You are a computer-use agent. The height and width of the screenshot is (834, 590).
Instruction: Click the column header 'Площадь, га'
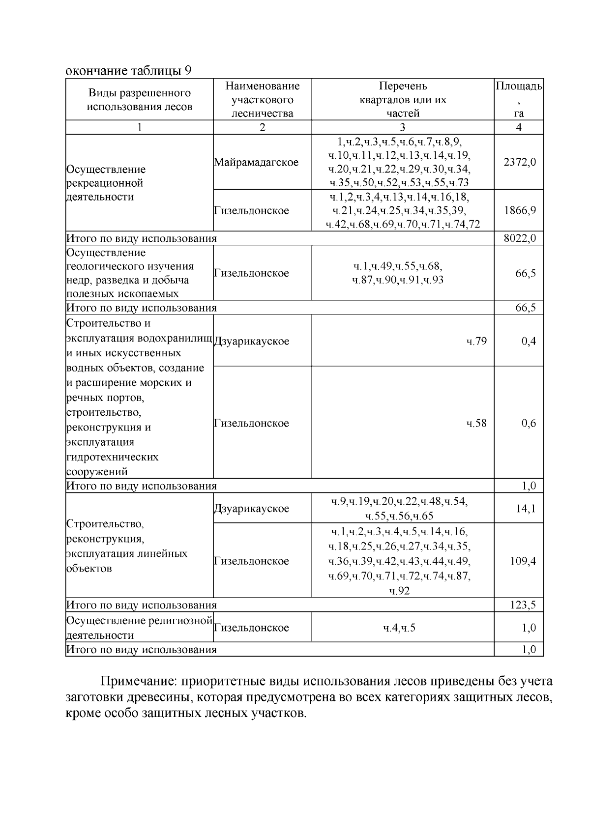[x=519, y=99]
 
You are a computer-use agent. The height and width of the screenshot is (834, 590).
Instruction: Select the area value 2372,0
[x=520, y=162]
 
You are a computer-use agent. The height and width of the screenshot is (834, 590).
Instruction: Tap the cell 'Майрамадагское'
[x=256, y=162]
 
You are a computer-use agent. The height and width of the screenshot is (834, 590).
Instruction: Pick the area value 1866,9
[x=520, y=210]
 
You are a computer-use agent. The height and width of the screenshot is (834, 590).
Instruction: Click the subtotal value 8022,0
[x=520, y=238]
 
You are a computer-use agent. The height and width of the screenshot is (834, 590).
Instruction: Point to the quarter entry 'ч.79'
[x=476, y=341]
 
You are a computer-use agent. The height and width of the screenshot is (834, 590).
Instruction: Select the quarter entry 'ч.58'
[x=476, y=423]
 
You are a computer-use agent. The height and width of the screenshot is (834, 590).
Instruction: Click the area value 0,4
[x=529, y=341]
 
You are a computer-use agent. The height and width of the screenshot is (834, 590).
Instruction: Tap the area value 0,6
[x=529, y=423]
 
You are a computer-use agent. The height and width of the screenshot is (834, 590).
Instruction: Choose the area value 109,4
[x=523, y=561]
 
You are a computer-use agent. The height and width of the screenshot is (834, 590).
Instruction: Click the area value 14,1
[x=526, y=509]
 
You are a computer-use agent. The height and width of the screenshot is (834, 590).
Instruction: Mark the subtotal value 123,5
[x=523, y=605]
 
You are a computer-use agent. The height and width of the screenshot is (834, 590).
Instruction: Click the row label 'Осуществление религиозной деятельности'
[x=139, y=628]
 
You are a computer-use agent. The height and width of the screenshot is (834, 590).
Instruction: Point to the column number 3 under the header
[x=402, y=127]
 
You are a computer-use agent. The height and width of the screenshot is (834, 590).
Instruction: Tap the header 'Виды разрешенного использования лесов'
[x=140, y=100]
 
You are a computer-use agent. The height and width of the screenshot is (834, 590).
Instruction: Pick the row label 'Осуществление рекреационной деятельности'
[x=106, y=183]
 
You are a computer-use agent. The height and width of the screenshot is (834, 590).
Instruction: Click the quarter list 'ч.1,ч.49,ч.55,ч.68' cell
[x=398, y=273]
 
